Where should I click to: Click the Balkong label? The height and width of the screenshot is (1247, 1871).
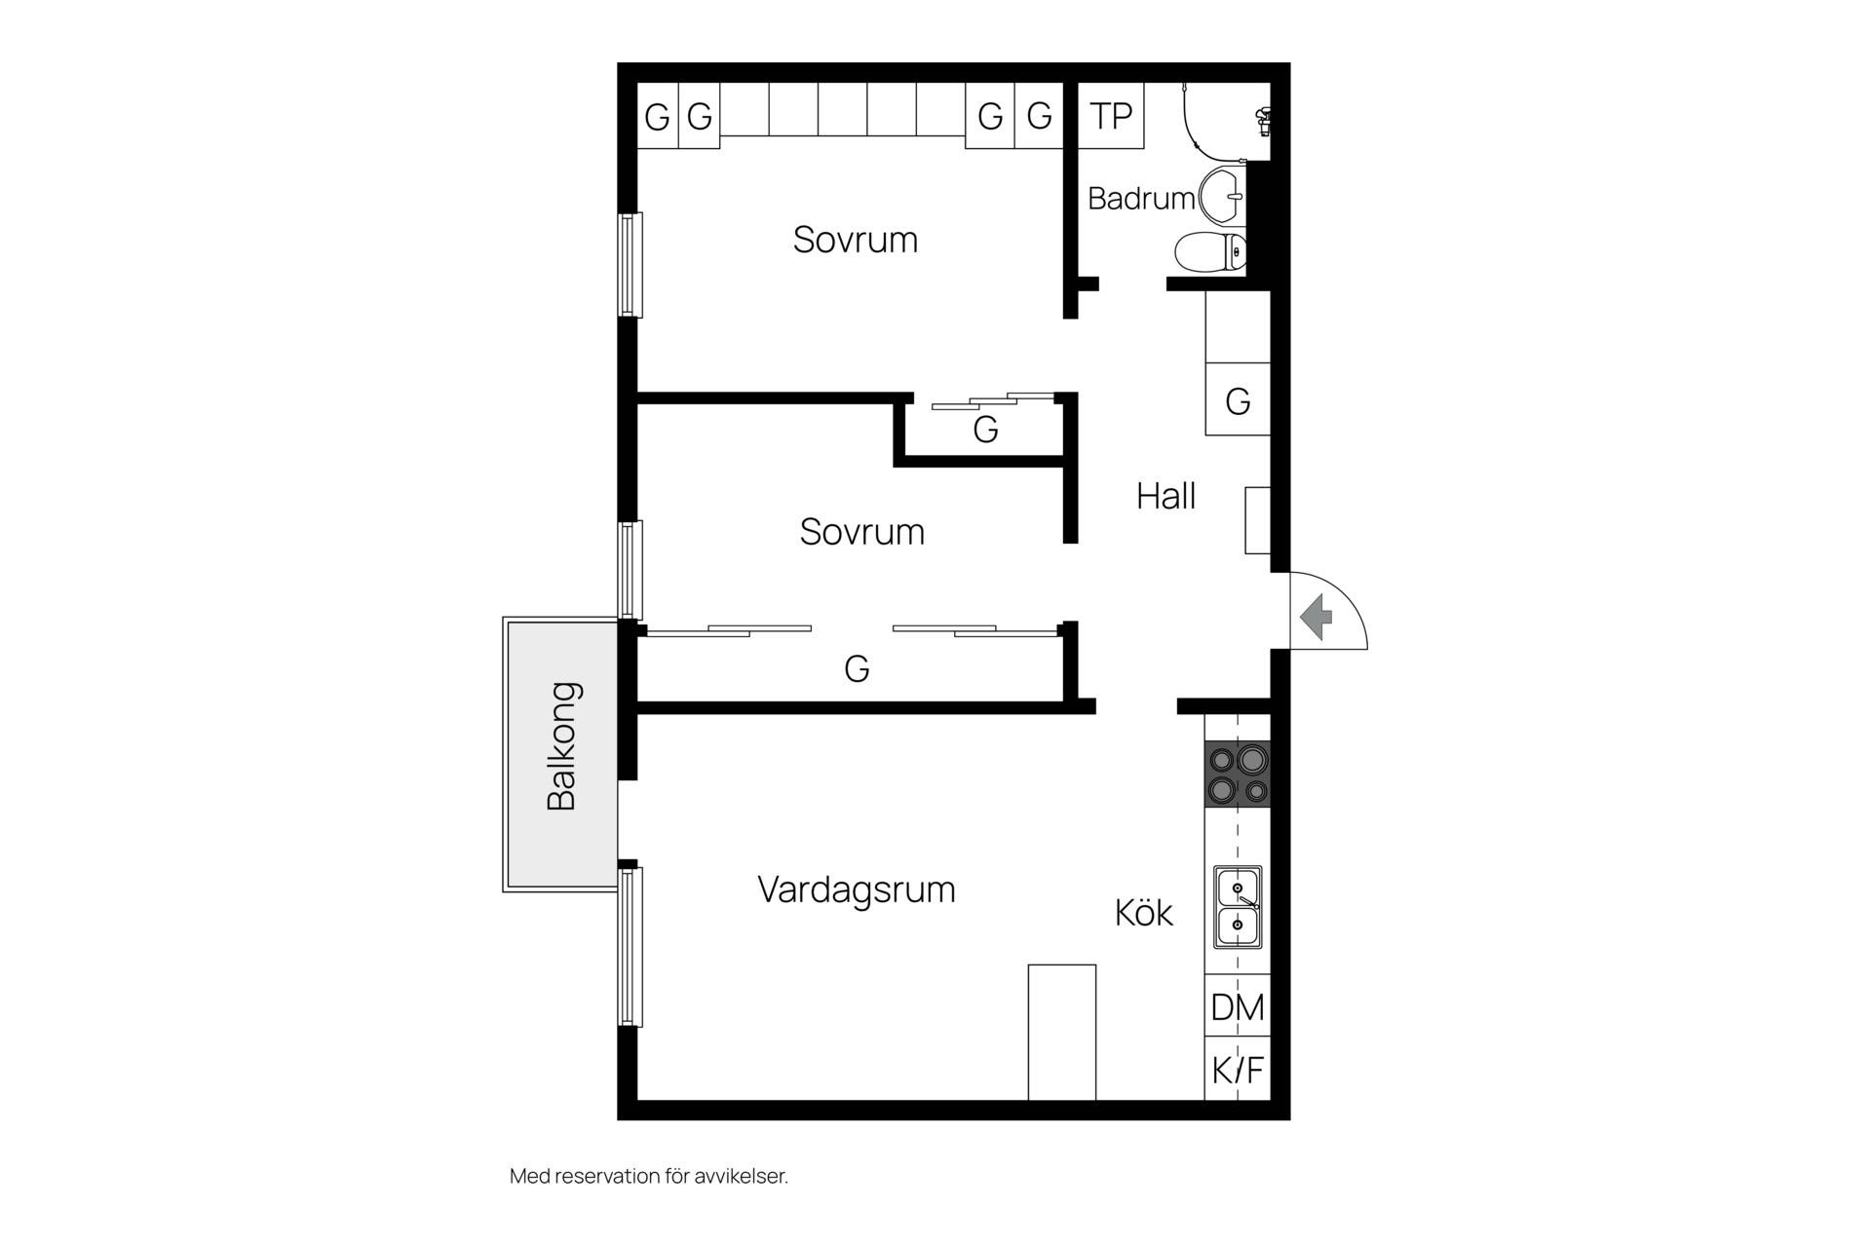click(x=562, y=746)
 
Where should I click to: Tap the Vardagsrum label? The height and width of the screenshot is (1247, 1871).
click(x=857, y=889)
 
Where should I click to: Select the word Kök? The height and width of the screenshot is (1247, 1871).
click(x=1144, y=913)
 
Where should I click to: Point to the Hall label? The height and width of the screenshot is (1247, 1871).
click(x=1165, y=497)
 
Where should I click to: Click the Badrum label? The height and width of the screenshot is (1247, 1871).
click(x=1141, y=199)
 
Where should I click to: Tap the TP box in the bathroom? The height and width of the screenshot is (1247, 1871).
click(x=1111, y=116)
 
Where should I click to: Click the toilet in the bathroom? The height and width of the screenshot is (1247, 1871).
click(x=1210, y=252)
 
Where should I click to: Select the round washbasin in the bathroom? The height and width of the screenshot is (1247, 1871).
click(x=1222, y=195)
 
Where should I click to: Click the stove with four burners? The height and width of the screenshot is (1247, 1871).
click(x=1238, y=775)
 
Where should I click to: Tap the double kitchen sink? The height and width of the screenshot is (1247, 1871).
click(x=1238, y=907)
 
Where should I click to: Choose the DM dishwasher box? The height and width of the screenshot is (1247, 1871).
click(x=1238, y=1006)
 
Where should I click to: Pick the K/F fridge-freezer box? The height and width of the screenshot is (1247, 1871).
click(x=1238, y=1070)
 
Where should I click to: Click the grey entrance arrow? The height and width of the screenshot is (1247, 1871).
click(x=1317, y=616)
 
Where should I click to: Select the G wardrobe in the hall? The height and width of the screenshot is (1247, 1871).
click(x=1238, y=399)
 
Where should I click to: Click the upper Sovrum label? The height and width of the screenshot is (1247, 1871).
click(x=856, y=240)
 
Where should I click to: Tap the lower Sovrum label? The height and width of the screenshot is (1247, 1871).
click(x=862, y=532)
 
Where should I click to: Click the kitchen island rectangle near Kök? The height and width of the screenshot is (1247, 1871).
click(x=1062, y=1033)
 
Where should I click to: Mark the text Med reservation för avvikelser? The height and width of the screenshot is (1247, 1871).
click(x=649, y=1176)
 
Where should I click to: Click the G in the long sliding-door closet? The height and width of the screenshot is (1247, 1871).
click(x=857, y=668)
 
